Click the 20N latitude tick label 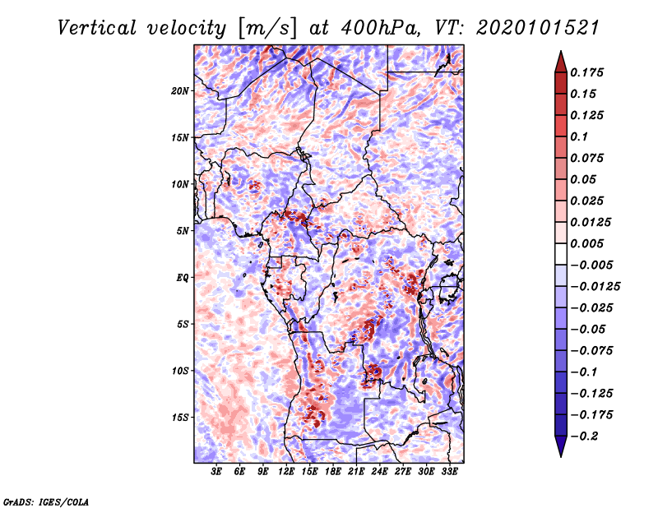180,90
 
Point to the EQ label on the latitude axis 183,277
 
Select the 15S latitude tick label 180,417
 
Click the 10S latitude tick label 180,370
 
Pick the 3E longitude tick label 217,473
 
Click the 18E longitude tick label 333,473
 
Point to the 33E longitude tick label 449,473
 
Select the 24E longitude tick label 379,473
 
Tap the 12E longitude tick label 286,473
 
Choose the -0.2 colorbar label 587,436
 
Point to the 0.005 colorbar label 589,243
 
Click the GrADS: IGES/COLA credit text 46,501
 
